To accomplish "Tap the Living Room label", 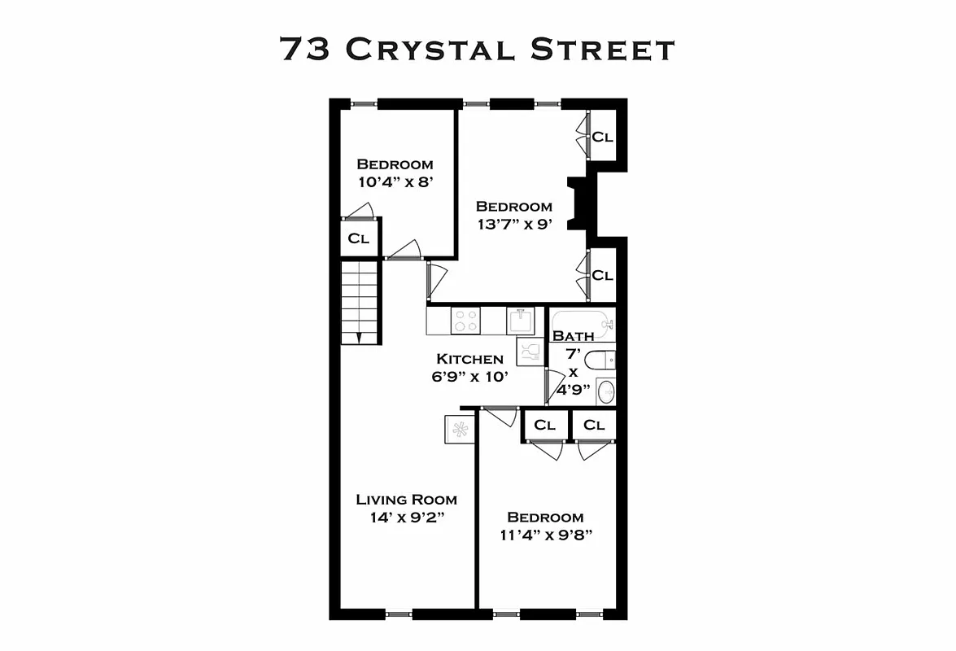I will tap(407, 500).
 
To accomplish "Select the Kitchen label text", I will tap(469, 359).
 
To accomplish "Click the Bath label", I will tap(573, 336).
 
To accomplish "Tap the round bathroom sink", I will tap(605, 391).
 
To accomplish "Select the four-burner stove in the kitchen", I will tap(466, 321).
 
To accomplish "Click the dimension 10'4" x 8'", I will tap(395, 182).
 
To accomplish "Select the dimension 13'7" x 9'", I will tap(514, 225).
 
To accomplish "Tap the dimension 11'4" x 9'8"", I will tap(545, 535).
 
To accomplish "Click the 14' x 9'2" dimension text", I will tap(406, 518).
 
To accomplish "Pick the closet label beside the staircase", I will tap(359, 239).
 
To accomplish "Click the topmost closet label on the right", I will tap(602, 137).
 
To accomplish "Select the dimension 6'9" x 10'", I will tap(471, 377).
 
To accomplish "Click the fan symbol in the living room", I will tap(461, 429).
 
